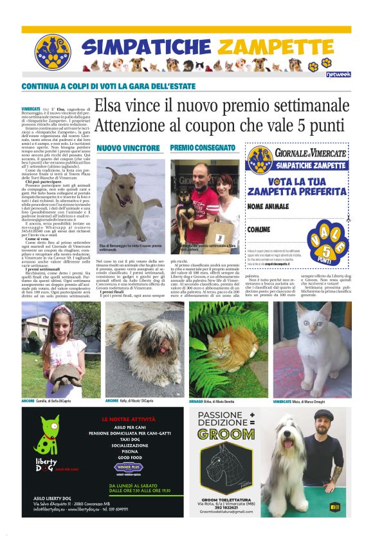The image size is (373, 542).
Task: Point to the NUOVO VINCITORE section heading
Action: pyautogui.click(x=128, y=147)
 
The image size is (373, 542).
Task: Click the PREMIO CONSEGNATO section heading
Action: pyautogui.click(x=202, y=147)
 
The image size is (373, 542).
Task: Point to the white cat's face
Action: pyautogui.click(x=307, y=322)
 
